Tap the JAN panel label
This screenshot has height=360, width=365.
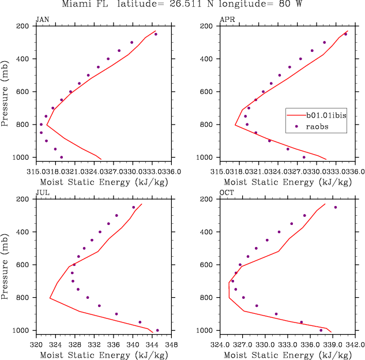(42, 20)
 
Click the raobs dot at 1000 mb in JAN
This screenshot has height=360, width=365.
(62, 157)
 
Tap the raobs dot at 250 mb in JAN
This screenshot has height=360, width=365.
(156, 34)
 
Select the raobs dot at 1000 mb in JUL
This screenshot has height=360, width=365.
(157, 330)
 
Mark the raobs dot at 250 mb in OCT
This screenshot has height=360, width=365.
(336, 207)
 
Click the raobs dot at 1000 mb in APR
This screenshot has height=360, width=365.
(304, 157)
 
